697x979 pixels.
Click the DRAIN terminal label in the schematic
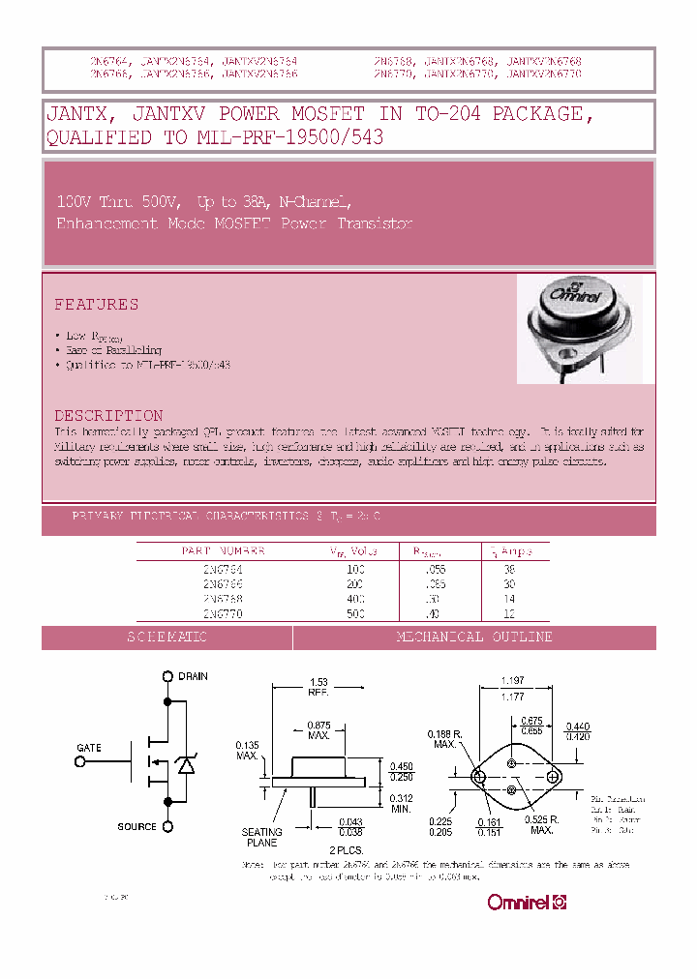pos(193,676)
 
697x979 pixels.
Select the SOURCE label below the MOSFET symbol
pos(136,826)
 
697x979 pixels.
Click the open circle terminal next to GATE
pos(78,761)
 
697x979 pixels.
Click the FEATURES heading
pos(96,305)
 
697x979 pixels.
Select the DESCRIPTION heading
pos(107,415)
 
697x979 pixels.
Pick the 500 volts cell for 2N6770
pos(356,613)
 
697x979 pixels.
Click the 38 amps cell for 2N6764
pos(509,570)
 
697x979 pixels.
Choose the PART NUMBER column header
pos(223,551)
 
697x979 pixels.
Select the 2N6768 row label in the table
pos(223,599)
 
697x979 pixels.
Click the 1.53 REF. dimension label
pos(318,688)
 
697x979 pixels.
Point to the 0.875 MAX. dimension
pos(318,730)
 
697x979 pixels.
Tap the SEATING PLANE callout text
pos(262,838)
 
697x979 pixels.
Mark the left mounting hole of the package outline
pos(479,777)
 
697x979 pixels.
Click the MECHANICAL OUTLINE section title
pos(474,638)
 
